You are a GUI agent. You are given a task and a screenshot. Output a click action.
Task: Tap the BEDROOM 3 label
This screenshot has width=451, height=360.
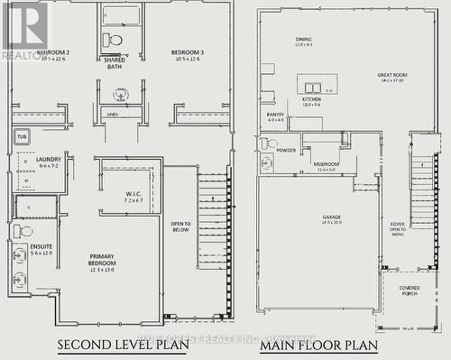click(189, 52)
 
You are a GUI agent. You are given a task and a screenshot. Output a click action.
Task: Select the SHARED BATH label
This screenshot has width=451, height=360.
click(115, 63)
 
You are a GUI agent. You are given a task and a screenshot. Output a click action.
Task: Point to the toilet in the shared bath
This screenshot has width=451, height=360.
click(114, 41)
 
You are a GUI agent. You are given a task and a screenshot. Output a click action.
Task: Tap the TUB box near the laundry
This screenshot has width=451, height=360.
click(23, 137)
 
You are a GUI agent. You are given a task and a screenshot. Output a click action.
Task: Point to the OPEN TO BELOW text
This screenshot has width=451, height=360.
click(181, 226)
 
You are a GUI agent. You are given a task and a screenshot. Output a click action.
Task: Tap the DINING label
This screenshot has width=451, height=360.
click(304, 40)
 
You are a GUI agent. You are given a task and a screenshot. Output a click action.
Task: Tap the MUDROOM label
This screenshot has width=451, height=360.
click(326, 164)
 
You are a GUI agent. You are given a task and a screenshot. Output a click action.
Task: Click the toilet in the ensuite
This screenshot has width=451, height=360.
click(23, 232)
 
